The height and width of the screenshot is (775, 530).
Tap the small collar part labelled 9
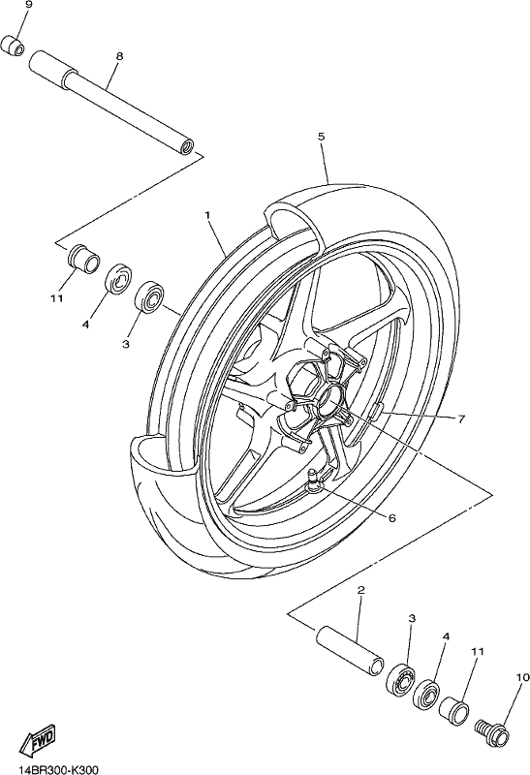click(x=14, y=45)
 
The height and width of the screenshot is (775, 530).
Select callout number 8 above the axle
click(x=119, y=56)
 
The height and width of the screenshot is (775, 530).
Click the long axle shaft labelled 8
click(x=111, y=102)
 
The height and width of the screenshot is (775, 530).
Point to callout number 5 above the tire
click(x=321, y=137)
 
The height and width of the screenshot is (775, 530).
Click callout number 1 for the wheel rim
click(x=207, y=215)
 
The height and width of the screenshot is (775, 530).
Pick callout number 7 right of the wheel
click(x=461, y=419)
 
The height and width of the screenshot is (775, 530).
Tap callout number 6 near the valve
click(x=392, y=517)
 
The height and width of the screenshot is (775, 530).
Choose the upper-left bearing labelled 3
click(x=149, y=296)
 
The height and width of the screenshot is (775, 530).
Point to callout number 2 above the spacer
click(x=360, y=590)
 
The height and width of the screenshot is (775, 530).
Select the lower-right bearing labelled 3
click(x=400, y=680)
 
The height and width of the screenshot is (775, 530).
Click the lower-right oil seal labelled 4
click(x=427, y=696)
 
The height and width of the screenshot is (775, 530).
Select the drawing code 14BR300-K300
click(x=58, y=769)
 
